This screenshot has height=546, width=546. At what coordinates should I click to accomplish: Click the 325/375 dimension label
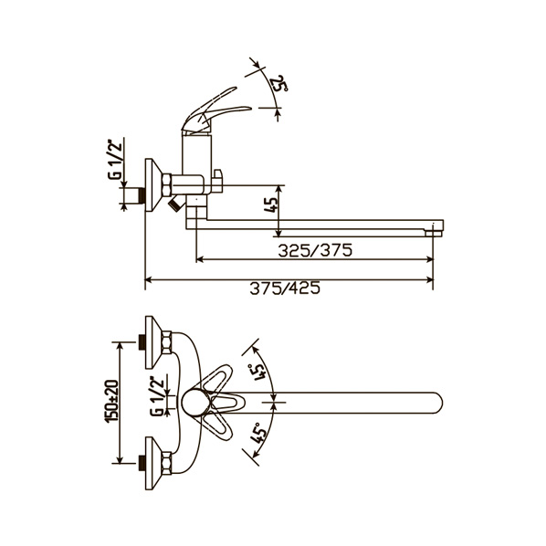pyautogui.click(x=315, y=250)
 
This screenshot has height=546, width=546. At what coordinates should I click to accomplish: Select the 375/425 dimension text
pyautogui.click(x=285, y=289)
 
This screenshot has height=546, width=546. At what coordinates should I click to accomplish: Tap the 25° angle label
pyautogui.click(x=279, y=83)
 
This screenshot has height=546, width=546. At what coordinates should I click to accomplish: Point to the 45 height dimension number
pyautogui.click(x=271, y=205)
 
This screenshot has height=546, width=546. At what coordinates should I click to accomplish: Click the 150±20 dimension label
pyautogui.click(x=112, y=401)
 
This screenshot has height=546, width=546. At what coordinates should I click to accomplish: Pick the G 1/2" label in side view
pyautogui.click(x=115, y=160)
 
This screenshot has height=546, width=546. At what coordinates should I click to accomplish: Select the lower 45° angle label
pyautogui.click(x=258, y=433)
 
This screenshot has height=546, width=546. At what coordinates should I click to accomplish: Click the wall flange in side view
pyautogui.click(x=153, y=185)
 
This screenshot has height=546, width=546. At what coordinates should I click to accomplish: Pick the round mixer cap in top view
pyautogui.click(x=195, y=403)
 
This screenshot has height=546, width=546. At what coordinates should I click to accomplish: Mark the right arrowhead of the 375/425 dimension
pyautogui.click(x=430, y=279)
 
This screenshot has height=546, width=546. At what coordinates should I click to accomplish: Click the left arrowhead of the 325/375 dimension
pyautogui.click(x=200, y=259)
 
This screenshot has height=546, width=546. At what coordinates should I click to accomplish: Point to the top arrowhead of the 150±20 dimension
pyautogui.click(x=121, y=346)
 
